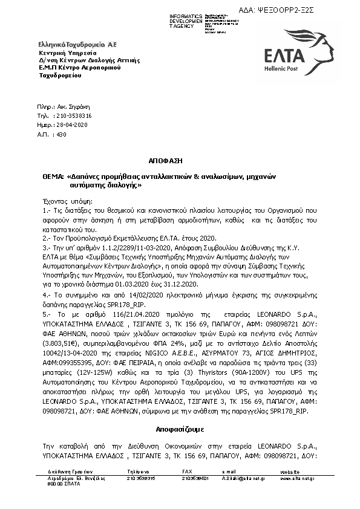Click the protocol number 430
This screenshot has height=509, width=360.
pyautogui.click(x=61, y=134)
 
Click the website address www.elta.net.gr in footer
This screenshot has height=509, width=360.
pyautogui.click(x=296, y=478)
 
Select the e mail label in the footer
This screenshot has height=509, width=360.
pyautogui.click(x=228, y=471)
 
